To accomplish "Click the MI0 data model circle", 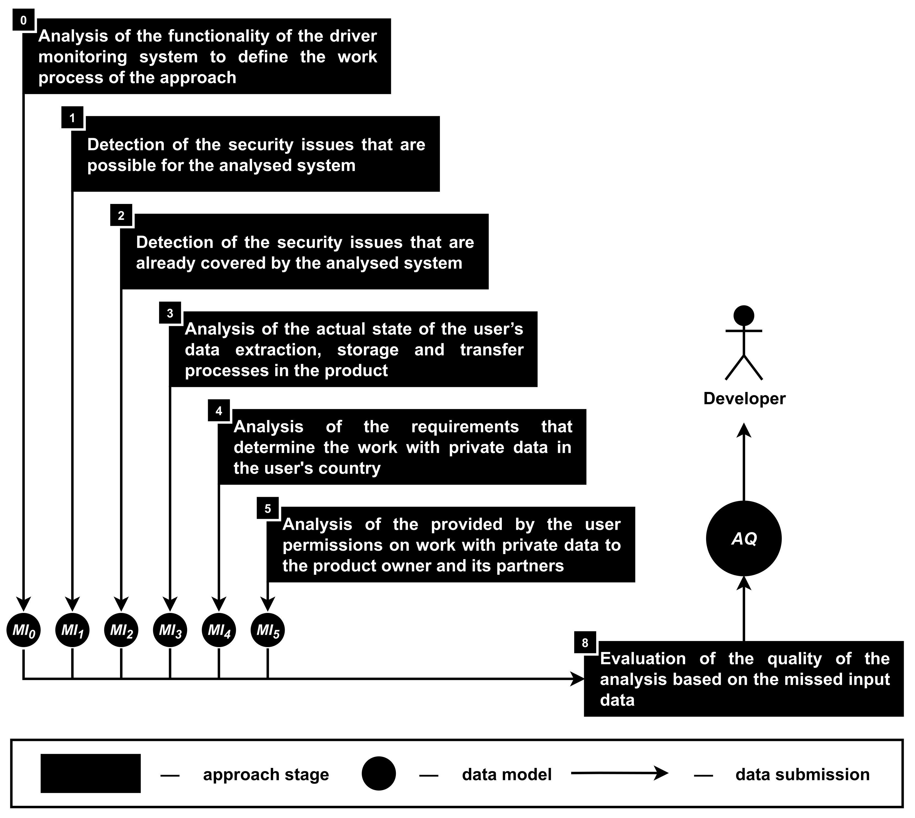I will coord(23,630).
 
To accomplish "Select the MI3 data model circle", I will coord(170,630).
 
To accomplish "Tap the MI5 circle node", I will coord(268,630).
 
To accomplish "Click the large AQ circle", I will coord(744,538).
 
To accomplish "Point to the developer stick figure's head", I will coord(744,316).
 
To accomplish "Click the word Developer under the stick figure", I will coord(744,399).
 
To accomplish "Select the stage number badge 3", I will coord(170,313).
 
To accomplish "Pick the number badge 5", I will coord(268,509).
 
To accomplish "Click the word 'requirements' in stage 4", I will coord(465,427).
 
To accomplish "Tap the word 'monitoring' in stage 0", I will coord(83,57).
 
